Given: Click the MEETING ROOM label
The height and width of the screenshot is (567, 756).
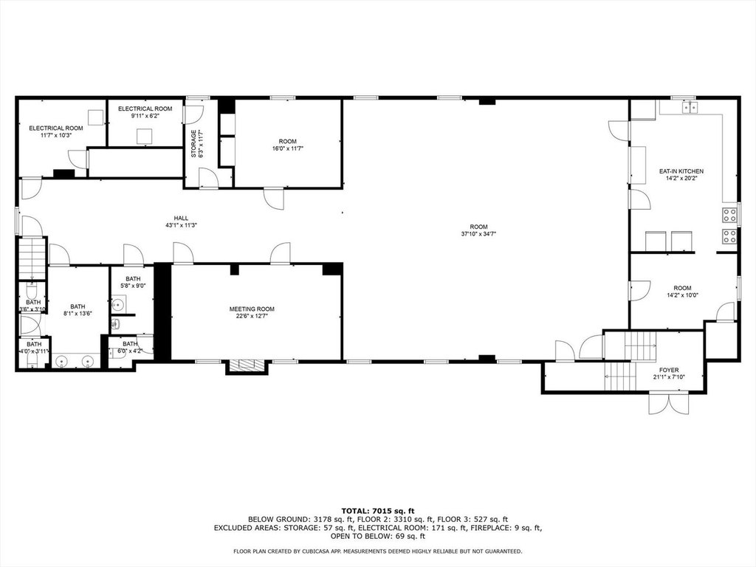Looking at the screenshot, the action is tap(252, 309).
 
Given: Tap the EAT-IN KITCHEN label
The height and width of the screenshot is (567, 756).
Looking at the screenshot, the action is tap(681, 171).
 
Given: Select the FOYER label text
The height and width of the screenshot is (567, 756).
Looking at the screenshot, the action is tap(668, 370).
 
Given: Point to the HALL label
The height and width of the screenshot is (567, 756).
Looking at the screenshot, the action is tap(181, 218).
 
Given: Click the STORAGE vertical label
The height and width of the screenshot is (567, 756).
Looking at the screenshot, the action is tap(194, 143).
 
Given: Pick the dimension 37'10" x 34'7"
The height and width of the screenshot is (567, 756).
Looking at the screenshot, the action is tap(478, 234).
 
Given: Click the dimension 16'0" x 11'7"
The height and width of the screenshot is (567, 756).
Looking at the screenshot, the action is tap(288, 148).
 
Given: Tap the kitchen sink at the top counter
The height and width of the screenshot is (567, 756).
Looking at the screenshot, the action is tap(690, 108).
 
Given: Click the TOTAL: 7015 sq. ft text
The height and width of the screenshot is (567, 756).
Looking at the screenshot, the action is tap(378, 511).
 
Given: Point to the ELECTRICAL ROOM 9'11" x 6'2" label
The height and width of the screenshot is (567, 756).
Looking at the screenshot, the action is tap(145, 112).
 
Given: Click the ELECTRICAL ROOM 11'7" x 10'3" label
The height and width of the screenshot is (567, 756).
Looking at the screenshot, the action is tap(56, 131).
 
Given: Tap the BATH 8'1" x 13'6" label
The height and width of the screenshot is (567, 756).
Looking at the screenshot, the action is tap(78, 309).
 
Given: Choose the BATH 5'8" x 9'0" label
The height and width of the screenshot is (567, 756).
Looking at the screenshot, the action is tap(133, 282).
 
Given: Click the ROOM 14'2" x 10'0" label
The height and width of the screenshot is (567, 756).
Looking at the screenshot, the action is tap(682, 292).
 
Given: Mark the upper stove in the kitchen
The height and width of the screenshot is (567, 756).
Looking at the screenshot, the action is tap(729, 215).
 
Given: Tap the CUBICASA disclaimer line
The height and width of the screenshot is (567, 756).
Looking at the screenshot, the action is tap(377, 551).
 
